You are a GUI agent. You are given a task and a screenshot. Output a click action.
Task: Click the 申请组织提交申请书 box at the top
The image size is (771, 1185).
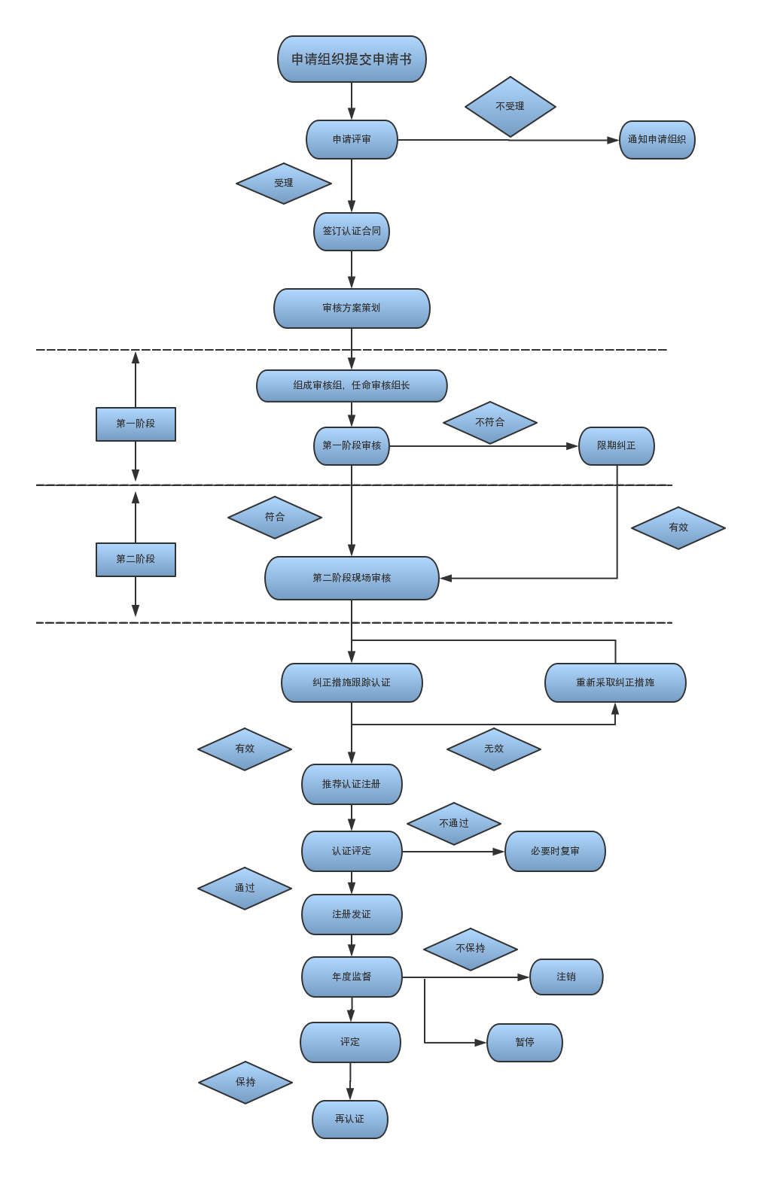tap(352, 59)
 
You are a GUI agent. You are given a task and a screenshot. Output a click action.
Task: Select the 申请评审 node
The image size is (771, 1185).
tap(352, 139)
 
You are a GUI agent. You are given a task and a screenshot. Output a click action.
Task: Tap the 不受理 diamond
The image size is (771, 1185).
tap(510, 107)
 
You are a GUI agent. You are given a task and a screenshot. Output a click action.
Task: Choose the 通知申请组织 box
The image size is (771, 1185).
tap(657, 140)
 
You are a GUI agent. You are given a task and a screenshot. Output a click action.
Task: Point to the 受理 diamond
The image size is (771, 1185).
tap(283, 184)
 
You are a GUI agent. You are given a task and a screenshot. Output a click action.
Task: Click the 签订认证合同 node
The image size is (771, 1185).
tap(352, 231)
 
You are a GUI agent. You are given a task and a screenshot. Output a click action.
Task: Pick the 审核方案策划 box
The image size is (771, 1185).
tap(352, 308)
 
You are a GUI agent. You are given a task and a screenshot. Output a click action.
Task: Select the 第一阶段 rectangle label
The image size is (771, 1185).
tap(136, 424)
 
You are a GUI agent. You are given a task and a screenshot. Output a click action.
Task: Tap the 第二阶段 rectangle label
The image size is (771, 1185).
tap(136, 560)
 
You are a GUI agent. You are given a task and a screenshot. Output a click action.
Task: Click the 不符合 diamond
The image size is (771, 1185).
tap(489, 423)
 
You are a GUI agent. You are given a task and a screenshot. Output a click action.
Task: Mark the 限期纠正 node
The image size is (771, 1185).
tap(616, 446)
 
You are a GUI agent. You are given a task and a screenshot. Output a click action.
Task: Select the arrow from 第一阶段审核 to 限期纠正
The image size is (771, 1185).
tap(482, 446)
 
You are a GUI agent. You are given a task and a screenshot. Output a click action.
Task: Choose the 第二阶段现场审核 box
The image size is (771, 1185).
tap(352, 578)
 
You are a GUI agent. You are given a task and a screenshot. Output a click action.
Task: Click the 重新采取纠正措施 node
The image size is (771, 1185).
tap(615, 682)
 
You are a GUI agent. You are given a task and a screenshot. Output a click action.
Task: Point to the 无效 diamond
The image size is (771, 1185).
tap(493, 749)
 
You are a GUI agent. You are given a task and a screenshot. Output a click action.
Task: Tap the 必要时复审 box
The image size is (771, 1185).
tap(555, 851)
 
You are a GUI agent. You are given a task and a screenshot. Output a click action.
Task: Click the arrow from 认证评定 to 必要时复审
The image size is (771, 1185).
tap(453, 852)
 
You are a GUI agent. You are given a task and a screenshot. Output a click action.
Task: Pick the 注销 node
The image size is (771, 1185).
tap(566, 977)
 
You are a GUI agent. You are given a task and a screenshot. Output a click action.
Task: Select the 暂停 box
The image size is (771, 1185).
tap(525, 1042)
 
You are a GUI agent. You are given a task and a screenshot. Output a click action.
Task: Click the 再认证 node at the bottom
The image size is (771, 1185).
tap(349, 1120)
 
